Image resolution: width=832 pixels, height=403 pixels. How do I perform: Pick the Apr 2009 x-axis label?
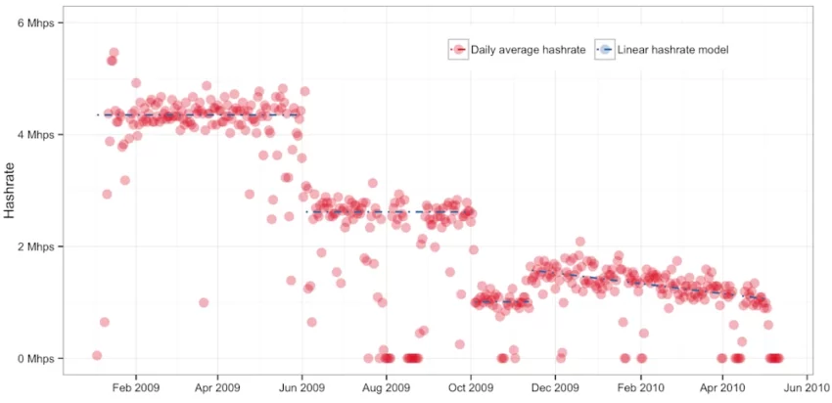216,388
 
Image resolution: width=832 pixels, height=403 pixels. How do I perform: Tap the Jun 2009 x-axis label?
302,388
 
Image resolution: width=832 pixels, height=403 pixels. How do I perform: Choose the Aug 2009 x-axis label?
387,388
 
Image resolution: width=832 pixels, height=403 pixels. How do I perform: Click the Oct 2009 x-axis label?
471,388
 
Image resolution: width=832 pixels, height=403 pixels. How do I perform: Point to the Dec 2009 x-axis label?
555,388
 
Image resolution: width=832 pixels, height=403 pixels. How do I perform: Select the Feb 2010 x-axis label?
641,388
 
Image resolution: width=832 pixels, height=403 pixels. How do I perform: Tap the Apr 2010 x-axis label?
723,388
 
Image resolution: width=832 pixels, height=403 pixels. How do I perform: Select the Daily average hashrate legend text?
528,49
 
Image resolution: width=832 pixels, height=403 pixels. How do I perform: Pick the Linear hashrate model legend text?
674,49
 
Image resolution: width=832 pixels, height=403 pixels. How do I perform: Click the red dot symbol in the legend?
458,49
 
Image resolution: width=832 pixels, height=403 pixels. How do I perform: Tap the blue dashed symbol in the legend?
606,49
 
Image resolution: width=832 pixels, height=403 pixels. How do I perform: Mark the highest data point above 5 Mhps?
114,53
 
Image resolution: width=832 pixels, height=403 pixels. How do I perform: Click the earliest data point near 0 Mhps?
96,355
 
